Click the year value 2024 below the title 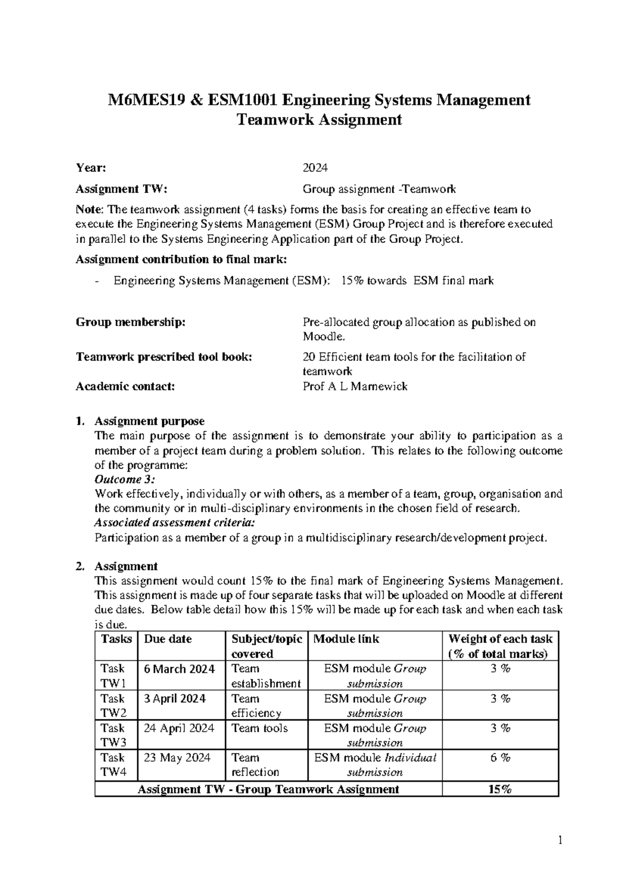(x=315, y=168)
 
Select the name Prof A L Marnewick (x=355, y=386)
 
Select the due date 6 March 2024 (x=179, y=669)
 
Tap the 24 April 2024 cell (x=179, y=728)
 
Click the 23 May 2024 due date (x=177, y=757)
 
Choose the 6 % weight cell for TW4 (x=500, y=758)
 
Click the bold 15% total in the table (x=500, y=789)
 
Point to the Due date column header (x=167, y=639)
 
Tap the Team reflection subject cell (x=255, y=765)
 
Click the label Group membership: (x=130, y=322)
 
